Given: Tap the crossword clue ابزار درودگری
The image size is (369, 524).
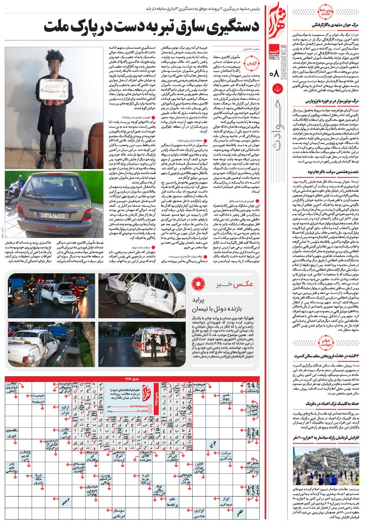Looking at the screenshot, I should pyautogui.click(x=226, y=501).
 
